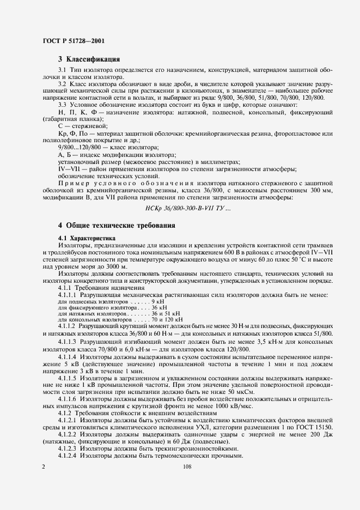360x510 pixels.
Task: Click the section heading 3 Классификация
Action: pos(89,58)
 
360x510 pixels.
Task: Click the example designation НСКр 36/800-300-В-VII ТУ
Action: pos(180,207)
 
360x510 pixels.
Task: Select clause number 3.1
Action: pos(62,71)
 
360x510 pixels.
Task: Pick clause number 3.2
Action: pos(62,84)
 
